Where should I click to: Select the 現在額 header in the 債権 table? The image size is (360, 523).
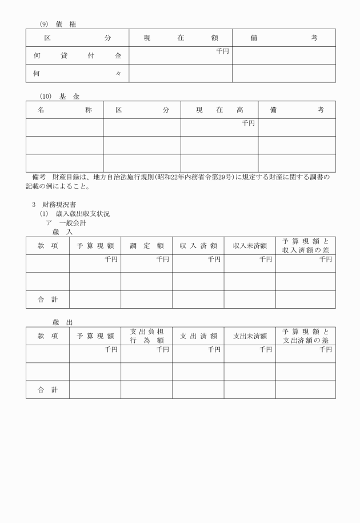[x=181, y=38]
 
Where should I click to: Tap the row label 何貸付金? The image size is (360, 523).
[x=77, y=56]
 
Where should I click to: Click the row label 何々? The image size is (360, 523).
[x=77, y=74]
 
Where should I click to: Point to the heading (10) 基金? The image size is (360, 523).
[x=59, y=96]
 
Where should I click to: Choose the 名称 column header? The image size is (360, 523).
[x=64, y=110]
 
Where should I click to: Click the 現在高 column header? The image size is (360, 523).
[x=219, y=110]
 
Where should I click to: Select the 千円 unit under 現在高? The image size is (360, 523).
[x=248, y=123]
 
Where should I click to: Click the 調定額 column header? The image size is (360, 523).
[x=146, y=246]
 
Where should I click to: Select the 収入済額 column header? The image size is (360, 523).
[x=198, y=246]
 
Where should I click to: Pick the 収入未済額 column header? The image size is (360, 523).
[x=250, y=246]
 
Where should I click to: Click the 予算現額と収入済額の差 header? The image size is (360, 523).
[x=306, y=246]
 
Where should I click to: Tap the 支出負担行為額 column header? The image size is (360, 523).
[x=146, y=336]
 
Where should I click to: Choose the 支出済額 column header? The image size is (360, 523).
[x=198, y=336]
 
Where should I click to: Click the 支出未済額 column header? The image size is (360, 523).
[x=250, y=336]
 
